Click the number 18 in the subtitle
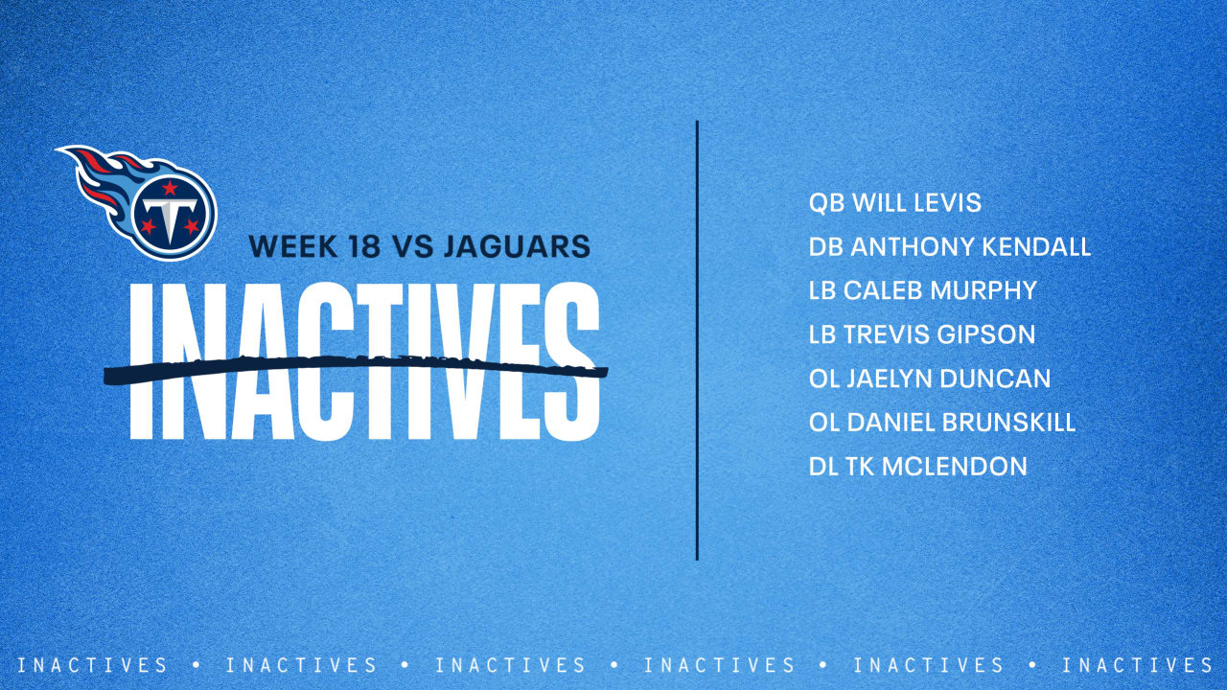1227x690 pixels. tap(359, 246)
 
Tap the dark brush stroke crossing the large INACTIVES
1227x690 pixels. tap(355, 369)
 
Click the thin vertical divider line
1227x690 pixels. tap(697, 340)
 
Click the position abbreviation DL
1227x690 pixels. tap(822, 467)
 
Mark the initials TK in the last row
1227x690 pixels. tap(860, 467)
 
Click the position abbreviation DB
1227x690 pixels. tap(825, 247)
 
